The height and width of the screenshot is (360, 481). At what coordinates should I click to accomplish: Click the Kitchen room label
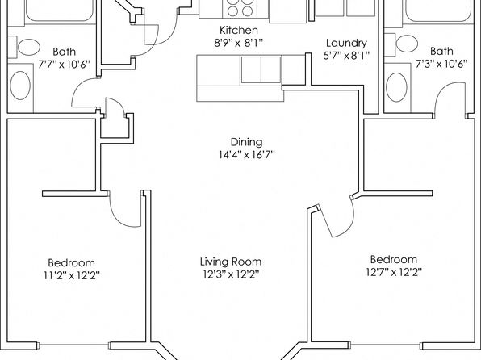(239, 30)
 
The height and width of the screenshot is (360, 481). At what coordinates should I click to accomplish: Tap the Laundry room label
(346, 44)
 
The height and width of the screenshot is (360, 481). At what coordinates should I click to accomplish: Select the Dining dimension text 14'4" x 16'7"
(247, 155)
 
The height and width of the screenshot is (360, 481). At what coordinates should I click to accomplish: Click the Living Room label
(231, 262)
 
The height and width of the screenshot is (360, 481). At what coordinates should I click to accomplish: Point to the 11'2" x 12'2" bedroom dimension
(72, 275)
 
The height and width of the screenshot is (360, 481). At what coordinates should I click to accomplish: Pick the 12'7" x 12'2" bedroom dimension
(394, 272)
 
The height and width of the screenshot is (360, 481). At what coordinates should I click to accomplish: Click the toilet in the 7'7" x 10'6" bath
(29, 47)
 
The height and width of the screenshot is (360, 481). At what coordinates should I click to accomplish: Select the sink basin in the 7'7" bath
(20, 86)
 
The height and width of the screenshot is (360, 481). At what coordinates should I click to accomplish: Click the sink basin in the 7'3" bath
(396, 87)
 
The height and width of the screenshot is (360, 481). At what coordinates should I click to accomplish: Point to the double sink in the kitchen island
(261, 69)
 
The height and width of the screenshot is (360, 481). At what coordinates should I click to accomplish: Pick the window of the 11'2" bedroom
(74, 345)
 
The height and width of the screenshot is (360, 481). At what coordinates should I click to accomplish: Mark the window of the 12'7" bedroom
(386, 345)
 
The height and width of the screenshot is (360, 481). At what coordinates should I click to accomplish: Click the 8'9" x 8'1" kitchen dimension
(239, 43)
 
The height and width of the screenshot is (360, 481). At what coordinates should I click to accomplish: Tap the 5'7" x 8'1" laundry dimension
(346, 56)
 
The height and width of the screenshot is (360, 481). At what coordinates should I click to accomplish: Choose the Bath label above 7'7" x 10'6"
(64, 51)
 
